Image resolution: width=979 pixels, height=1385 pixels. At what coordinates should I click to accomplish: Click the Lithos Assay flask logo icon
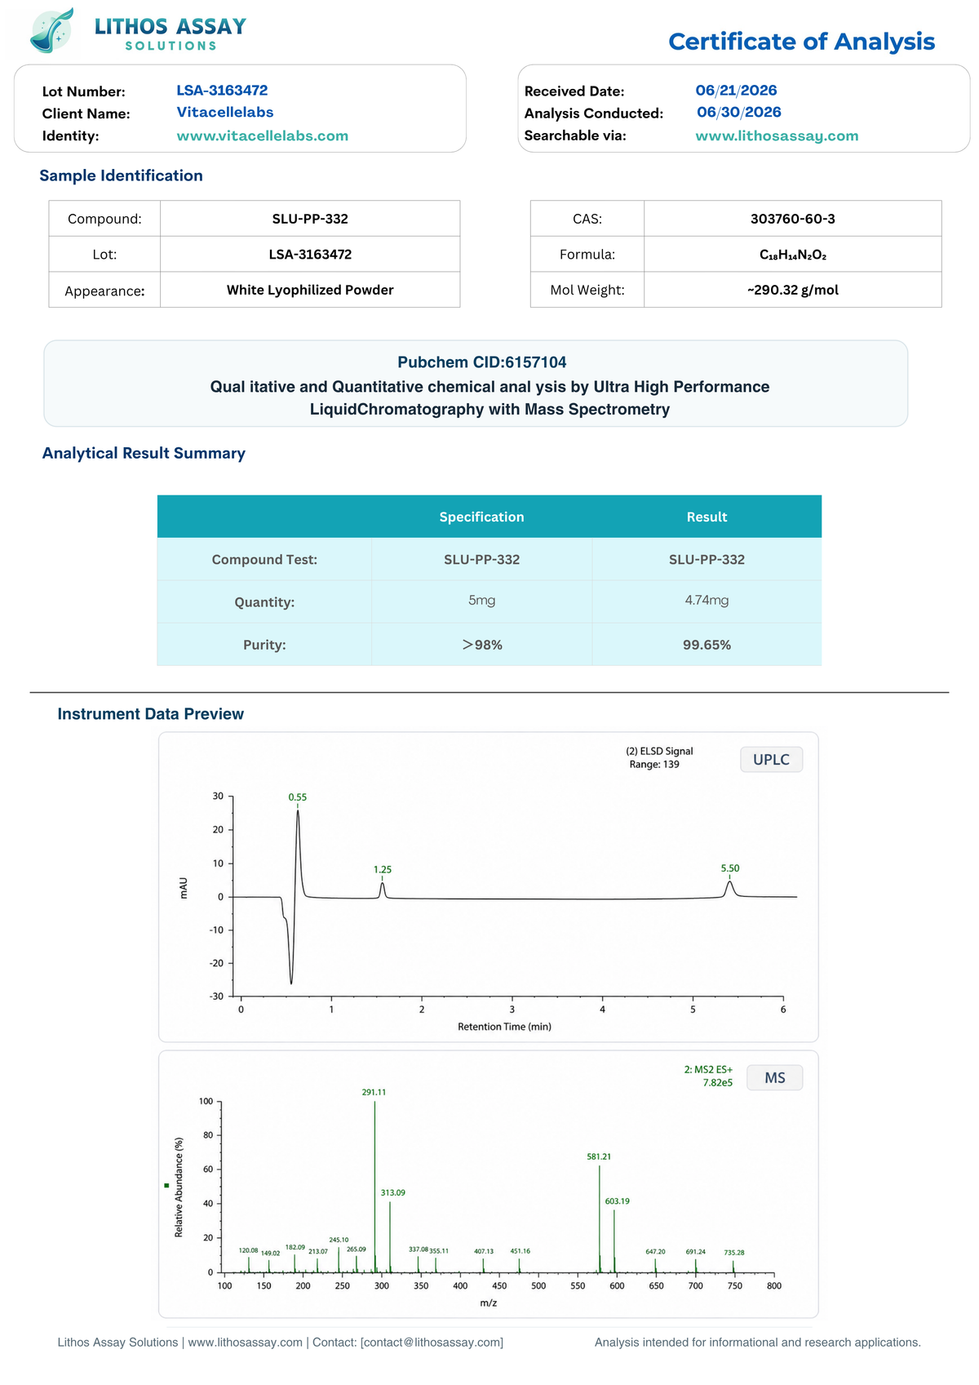coord(52,30)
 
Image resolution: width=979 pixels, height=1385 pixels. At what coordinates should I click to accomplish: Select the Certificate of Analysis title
coord(801,42)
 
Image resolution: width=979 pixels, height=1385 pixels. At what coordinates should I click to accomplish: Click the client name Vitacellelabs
coord(225,112)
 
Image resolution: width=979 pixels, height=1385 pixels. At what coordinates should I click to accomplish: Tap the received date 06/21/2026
coord(736,91)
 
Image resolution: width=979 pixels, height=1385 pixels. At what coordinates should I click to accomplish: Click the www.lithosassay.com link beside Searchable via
coord(777,135)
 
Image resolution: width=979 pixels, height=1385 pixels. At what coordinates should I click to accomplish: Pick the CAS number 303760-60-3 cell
coord(792,218)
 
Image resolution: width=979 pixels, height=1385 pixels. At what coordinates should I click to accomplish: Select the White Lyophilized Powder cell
coord(310,290)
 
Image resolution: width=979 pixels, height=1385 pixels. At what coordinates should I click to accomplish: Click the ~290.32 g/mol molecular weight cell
coord(792,290)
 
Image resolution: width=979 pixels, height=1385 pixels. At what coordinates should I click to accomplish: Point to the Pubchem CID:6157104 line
coord(481,362)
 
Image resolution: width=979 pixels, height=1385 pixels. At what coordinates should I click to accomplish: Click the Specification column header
coord(481,517)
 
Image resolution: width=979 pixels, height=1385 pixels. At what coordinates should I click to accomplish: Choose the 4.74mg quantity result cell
coord(707,600)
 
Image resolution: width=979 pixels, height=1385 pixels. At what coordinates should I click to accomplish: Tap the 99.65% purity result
coord(707,644)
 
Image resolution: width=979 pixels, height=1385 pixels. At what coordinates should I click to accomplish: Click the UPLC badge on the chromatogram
coord(771,759)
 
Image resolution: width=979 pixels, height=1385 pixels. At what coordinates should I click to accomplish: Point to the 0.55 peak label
coord(297,797)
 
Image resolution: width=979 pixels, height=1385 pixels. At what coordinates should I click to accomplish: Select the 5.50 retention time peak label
coord(729,868)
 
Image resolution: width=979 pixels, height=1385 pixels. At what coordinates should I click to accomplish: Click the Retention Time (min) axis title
coord(503,1027)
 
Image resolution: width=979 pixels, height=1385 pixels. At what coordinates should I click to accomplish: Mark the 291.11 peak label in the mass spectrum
coord(374,1092)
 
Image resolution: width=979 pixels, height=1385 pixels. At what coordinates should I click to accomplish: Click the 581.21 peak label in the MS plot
coord(598,1156)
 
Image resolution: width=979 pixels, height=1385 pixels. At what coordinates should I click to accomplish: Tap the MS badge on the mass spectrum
coord(774,1077)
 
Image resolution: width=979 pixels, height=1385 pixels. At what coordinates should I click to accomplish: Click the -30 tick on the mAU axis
coord(216,996)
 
